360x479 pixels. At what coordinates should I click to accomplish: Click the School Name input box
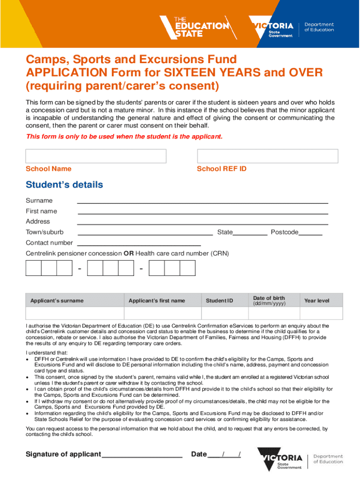96,156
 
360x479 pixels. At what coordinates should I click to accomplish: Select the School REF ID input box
267,156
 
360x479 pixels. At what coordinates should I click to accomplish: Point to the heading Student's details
65,185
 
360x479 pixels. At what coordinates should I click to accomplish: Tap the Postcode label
284,232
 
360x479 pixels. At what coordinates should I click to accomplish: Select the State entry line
250,233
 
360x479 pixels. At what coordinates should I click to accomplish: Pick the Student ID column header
219,301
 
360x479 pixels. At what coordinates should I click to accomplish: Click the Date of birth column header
269,300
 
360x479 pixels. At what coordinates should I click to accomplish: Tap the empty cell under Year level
317,313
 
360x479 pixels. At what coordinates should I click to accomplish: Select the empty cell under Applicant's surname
75,313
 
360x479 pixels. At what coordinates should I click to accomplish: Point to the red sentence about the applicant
124,137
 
